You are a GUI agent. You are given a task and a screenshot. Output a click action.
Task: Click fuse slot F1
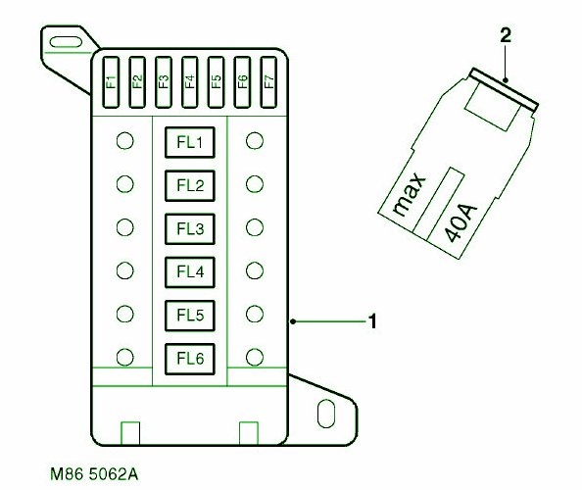point(111,82)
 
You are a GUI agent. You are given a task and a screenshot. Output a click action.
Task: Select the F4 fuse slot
point(190,82)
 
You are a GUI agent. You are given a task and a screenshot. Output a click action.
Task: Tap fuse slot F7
point(268,82)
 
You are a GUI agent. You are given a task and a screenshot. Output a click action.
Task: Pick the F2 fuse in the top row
point(137,82)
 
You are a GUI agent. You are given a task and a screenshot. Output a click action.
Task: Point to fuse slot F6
point(242,82)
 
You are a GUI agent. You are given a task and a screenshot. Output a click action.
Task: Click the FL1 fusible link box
point(190,142)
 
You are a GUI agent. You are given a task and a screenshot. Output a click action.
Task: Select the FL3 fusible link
point(190,228)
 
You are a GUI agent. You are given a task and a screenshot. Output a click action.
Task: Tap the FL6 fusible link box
point(190,359)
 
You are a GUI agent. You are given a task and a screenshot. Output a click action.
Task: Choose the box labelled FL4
point(190,272)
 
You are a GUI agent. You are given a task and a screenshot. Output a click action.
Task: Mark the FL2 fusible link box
point(190,185)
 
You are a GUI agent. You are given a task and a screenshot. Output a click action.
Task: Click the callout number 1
point(372,321)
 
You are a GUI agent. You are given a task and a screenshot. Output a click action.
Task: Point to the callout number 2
point(506,35)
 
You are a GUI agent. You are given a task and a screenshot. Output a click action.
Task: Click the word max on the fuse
point(409,194)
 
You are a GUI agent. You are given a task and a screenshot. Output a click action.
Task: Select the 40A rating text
point(461,222)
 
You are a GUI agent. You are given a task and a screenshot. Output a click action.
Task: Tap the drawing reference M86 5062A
point(94,474)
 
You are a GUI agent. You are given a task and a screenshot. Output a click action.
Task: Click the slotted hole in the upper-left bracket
point(66,42)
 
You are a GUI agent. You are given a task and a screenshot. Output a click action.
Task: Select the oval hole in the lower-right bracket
point(326,414)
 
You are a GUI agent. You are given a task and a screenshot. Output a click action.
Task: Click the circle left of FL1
point(124,141)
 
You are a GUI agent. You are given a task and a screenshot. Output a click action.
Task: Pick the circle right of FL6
point(255,357)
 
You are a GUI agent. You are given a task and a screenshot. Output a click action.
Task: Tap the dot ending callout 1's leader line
point(293,321)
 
